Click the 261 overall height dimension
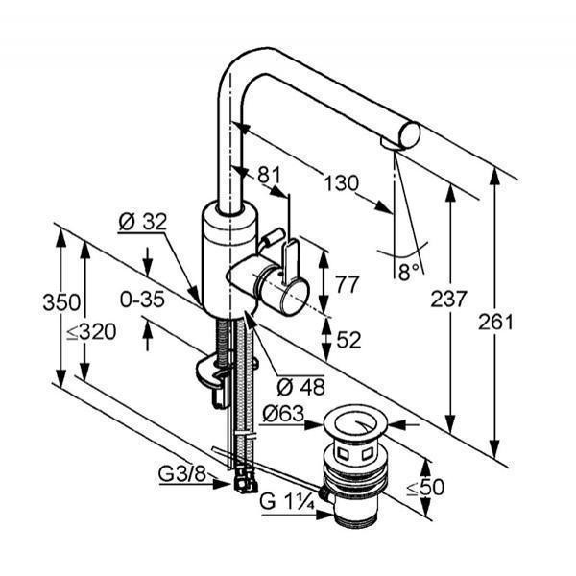[495, 323]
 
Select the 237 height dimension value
[448, 299]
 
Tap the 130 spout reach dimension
[341, 182]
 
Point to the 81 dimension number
[269, 175]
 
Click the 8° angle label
[408, 273]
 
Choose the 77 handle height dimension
[347, 285]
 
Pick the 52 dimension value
[348, 340]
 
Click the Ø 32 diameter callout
[142, 222]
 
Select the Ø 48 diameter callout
[300, 387]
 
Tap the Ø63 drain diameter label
[283, 414]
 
